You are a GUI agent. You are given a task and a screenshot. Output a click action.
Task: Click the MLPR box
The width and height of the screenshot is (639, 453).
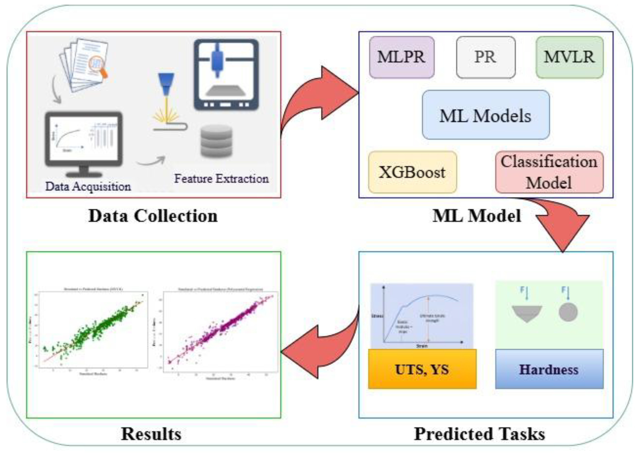point(402,57)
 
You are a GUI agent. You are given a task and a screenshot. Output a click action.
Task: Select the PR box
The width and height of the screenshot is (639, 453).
point(486,57)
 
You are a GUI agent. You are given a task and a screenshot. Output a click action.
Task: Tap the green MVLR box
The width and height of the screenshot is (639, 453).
point(569,57)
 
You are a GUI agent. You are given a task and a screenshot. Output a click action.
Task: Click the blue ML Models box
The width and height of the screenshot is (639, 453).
point(486,115)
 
